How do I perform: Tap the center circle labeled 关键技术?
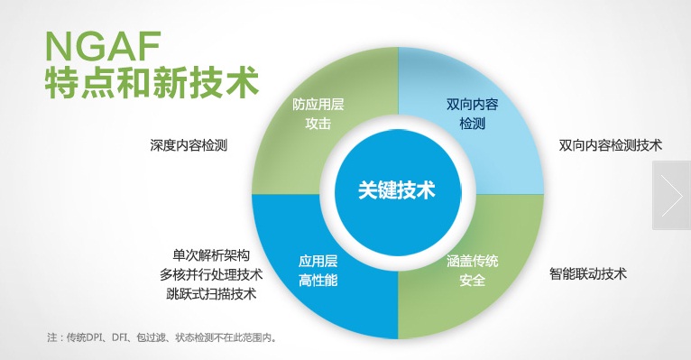click(x=397, y=190)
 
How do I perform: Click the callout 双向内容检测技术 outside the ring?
click(x=611, y=144)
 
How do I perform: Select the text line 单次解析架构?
click(x=210, y=254)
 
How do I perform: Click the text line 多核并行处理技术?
click(x=211, y=274)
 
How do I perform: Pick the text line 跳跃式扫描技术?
click(x=211, y=294)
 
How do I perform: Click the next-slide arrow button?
click(x=672, y=195)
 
